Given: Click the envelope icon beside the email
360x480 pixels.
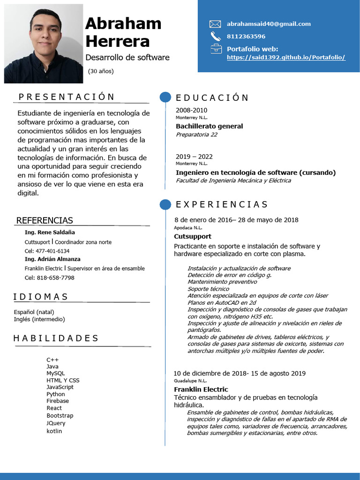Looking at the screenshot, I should point(215,24).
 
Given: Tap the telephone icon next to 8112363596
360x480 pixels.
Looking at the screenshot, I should point(215,36).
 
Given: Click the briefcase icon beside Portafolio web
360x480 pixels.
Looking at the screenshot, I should point(215,49).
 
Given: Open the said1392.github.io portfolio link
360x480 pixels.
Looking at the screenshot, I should point(286,57).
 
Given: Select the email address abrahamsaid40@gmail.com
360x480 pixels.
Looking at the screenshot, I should point(269,24).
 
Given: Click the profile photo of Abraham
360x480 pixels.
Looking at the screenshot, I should point(44,44).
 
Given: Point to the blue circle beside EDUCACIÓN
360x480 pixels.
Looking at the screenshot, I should point(165,97).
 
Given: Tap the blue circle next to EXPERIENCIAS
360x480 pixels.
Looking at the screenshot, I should point(165,204).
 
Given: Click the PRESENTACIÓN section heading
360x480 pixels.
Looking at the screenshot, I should point(67,97).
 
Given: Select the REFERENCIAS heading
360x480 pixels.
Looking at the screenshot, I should point(45,220).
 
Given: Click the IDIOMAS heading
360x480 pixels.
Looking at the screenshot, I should point(41,297).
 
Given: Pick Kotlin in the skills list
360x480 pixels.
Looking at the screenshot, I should point(54,431).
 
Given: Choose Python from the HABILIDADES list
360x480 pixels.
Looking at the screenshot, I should point(56,394).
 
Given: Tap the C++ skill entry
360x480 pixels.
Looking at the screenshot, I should point(52,360).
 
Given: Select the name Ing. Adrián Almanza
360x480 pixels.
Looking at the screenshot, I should point(52,259).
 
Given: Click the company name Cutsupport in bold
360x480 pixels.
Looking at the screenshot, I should point(193,236).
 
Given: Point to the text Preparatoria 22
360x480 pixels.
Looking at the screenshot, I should point(196,135).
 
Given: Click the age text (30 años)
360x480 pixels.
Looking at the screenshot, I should point(101,71).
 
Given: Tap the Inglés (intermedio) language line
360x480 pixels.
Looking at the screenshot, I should point(39,319).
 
